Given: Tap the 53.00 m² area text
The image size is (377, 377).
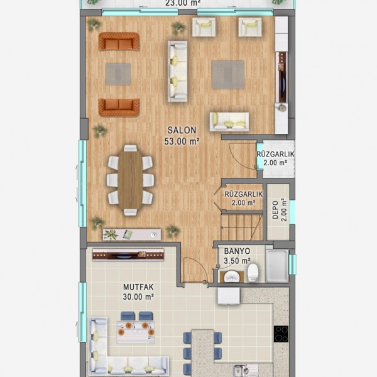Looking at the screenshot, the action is click(182, 141).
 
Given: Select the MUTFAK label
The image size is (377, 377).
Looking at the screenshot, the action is click(138, 287).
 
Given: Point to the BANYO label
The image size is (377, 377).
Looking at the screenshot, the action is click(237, 251).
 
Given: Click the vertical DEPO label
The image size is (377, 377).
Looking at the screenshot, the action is click(276, 210).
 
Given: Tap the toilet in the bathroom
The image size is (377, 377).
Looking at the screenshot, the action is click(253, 273).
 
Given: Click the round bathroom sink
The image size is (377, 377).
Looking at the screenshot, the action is click(231, 276).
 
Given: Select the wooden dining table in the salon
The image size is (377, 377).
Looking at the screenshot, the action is click(130, 180).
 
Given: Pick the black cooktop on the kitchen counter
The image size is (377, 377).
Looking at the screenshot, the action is click(281, 334).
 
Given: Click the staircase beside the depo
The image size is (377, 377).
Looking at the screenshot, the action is click(241, 226).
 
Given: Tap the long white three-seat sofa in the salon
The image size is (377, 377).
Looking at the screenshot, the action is click(177, 71).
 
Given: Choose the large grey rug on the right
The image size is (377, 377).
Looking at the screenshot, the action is click(228, 75).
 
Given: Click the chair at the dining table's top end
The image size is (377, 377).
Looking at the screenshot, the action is click(130, 148).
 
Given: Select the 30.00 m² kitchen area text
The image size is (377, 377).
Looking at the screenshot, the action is click(138, 297).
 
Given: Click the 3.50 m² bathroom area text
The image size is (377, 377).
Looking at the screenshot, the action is click(237, 261).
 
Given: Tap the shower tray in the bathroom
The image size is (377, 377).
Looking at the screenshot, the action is click(277, 265).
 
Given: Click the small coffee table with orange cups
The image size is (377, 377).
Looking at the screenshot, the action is click(136, 332).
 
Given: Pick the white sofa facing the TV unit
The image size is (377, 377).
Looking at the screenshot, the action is click(229, 122).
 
